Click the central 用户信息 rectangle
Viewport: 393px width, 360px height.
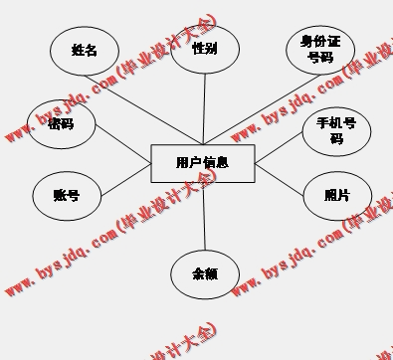click(x=202, y=162)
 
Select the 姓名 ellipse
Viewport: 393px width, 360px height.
click(x=85, y=50)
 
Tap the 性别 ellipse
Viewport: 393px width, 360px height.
click(x=205, y=48)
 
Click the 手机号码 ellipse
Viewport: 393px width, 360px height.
click(x=336, y=131)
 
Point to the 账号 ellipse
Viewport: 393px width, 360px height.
click(x=67, y=196)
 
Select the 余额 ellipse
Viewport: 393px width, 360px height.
click(x=205, y=273)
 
